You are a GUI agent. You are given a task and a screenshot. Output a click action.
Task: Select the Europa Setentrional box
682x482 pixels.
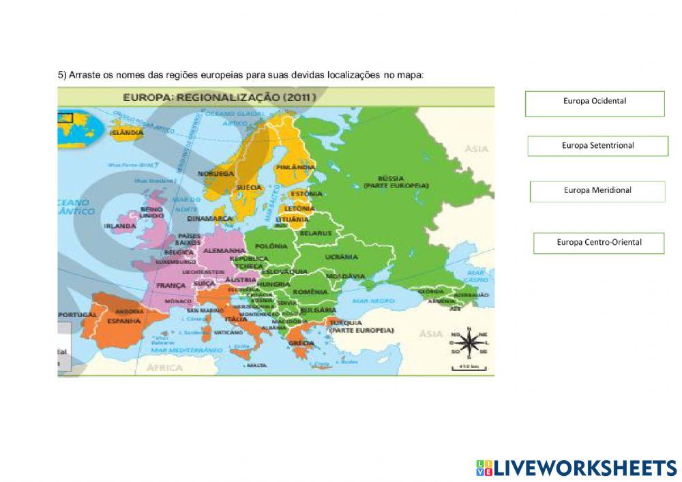[597, 146]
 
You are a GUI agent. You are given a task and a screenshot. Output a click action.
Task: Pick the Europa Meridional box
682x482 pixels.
[597, 191]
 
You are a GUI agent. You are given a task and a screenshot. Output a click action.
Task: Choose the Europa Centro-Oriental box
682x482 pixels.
[599, 243]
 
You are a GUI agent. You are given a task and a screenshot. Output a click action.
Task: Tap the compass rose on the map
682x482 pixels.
[469, 343]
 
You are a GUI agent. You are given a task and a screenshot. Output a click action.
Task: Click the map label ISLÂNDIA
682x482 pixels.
[126, 133]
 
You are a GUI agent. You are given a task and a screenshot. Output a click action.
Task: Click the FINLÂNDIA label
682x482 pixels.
[295, 166]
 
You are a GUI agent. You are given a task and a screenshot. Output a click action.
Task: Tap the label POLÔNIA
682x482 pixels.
[270, 245]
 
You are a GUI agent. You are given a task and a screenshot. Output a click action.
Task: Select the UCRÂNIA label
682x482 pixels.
[341, 257]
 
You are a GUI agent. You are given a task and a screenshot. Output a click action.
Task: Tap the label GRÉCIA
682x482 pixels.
[301, 342]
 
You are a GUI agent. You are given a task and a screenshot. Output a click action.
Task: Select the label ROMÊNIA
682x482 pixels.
[315, 291]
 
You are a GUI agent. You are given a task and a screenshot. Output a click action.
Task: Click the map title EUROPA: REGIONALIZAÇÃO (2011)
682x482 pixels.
[219, 97]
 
